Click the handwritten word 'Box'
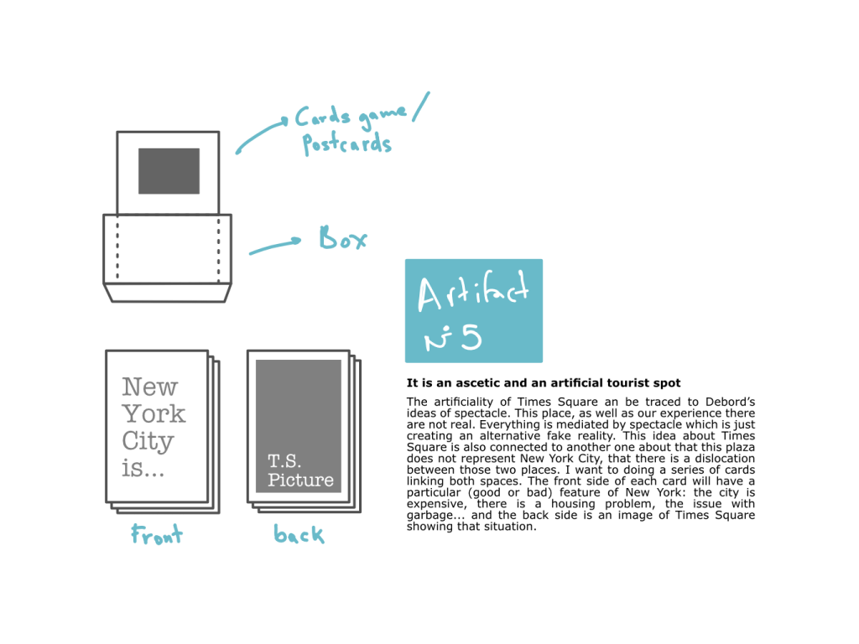[343, 239]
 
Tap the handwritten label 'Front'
[157, 535]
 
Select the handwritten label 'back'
[299, 534]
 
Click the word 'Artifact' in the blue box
[473, 293]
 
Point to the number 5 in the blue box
[471, 339]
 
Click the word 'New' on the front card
[150, 387]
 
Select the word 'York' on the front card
[154, 413]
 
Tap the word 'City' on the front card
[148, 441]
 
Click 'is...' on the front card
[143, 468]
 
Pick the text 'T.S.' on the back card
[284, 461]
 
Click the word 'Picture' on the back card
[300, 480]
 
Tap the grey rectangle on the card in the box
[169, 171]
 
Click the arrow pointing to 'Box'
[274, 247]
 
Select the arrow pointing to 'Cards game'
[262, 135]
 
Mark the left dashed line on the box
[117, 247]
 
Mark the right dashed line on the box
[219, 247]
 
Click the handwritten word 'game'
[383, 117]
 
